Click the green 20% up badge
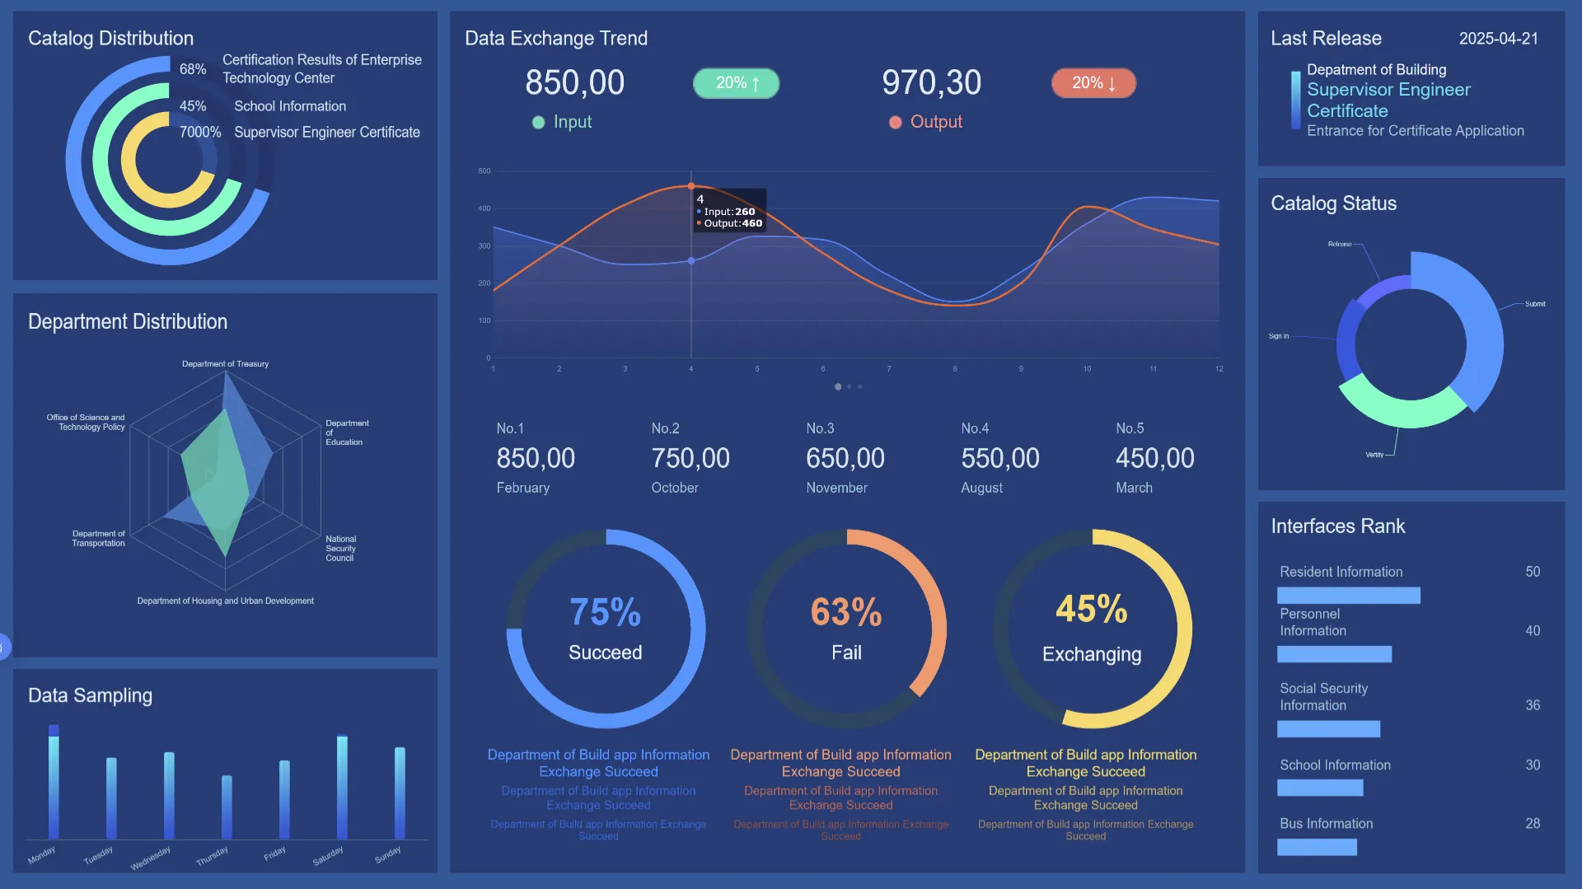coord(736,83)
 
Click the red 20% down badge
coord(1093,83)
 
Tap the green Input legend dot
coord(538,123)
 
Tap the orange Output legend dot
coord(895,123)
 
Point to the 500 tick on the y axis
coord(484,171)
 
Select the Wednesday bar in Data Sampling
coord(169,795)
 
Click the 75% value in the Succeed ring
coord(605,612)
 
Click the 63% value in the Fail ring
coord(846,612)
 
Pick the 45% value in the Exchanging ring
coord(1092,610)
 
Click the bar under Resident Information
coord(1348,595)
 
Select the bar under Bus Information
coord(1317,847)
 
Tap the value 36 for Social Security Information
coord(1533,705)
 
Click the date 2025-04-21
coord(1498,39)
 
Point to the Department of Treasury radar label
coord(225,364)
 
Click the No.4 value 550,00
coord(999,458)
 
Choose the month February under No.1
coord(522,488)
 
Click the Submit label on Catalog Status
coord(1535,304)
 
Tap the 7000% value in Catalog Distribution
coord(200,133)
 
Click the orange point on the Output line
coord(691,186)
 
